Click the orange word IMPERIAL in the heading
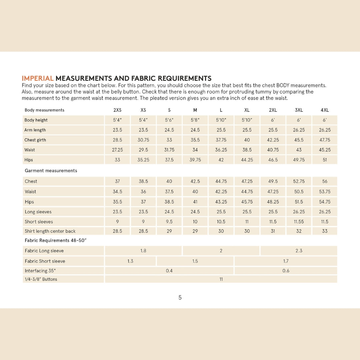(x=37, y=79)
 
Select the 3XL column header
(x=299, y=110)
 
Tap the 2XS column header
(x=117, y=110)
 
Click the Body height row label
(x=36, y=120)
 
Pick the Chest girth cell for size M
(x=195, y=140)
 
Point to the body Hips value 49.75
(x=299, y=160)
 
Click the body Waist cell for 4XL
(x=325, y=150)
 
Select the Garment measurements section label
(x=51, y=171)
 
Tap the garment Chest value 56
(x=325, y=181)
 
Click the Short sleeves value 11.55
(x=299, y=222)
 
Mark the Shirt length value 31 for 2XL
(x=273, y=231)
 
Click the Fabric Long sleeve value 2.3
(x=299, y=251)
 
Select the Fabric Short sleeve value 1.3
(x=130, y=261)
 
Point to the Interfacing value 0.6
(x=286, y=271)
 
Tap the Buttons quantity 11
(x=221, y=279)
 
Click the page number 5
(x=180, y=298)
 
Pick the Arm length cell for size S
(x=169, y=130)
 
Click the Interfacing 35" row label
(x=40, y=271)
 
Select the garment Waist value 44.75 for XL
(x=247, y=192)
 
